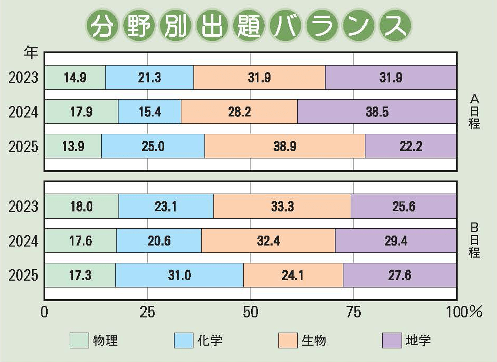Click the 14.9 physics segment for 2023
[x=75, y=78]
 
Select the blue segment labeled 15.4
[x=149, y=112]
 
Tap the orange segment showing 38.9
[x=285, y=146]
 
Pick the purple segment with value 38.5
[x=377, y=112]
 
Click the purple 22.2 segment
[x=410, y=146]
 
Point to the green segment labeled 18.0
[x=81, y=206]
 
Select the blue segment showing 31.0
[x=179, y=275]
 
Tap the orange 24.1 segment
[x=293, y=275]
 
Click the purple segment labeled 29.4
[x=396, y=241]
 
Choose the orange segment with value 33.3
[x=282, y=206]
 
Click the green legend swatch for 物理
[x=80, y=340]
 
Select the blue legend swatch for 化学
[x=183, y=340]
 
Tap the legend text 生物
[x=314, y=340]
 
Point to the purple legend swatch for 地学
[x=391, y=340]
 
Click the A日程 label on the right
[x=474, y=111]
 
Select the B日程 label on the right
[x=474, y=240]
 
